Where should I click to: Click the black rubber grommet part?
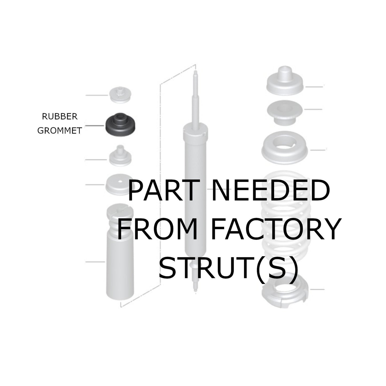[120, 125]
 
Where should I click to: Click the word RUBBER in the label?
[60, 117]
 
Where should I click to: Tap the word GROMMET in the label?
[59, 131]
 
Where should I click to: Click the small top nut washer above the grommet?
[120, 95]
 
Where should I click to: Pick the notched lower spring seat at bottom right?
[285, 294]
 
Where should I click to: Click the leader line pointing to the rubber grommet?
[95, 125]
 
